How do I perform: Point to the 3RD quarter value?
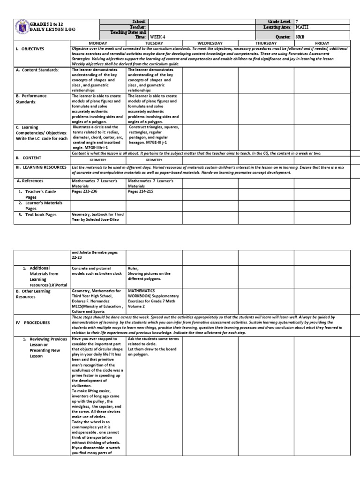point(302,36)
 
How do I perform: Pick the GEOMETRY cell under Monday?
point(98,160)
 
